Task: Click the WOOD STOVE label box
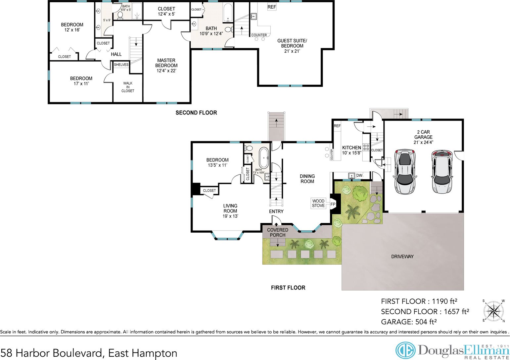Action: coord(318,203)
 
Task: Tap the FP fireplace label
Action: coord(333,204)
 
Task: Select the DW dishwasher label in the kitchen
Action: coord(359,175)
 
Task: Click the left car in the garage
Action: coord(405,172)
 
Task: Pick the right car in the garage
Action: coord(442,172)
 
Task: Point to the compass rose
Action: coord(493,311)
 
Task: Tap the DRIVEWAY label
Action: coord(402,256)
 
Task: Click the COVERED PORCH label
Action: coord(278,232)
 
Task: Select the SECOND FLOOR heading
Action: coord(196,112)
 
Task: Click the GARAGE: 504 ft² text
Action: coord(409,322)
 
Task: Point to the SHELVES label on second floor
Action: coord(121,65)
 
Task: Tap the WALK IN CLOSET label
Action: coord(128,87)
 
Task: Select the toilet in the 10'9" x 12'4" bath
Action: coord(229,29)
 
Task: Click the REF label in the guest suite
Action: coord(272,7)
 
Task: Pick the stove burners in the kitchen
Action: coord(366,147)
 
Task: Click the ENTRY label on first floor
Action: coord(276,211)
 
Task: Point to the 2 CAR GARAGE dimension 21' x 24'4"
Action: coord(423,143)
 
